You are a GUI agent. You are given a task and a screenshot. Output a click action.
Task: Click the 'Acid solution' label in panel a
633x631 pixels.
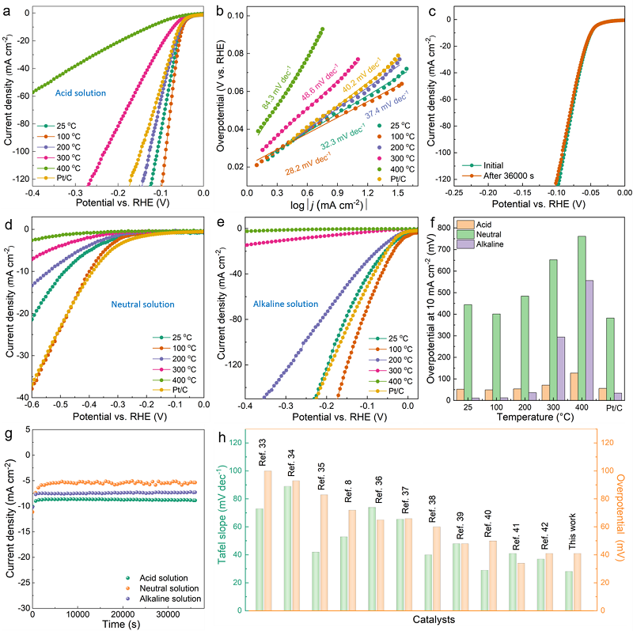coord(80,93)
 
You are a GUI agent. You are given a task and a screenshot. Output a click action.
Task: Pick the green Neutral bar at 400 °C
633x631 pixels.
coord(582,317)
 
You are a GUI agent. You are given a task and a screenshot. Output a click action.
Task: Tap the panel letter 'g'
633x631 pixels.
coord(7,436)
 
